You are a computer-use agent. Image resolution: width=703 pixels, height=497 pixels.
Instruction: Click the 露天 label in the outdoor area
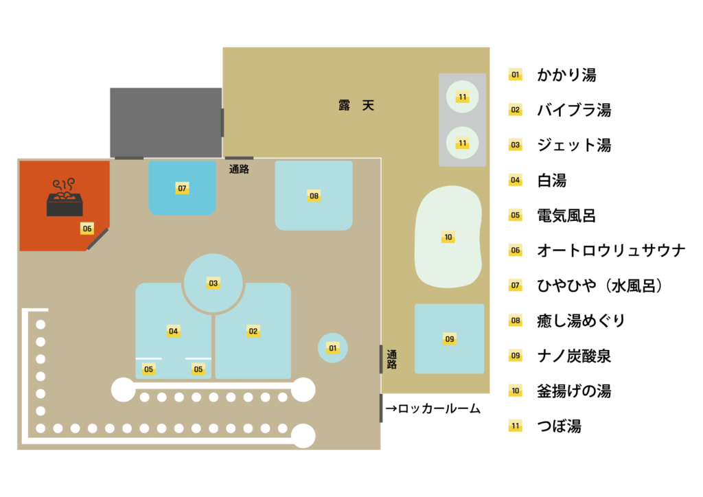click(356, 106)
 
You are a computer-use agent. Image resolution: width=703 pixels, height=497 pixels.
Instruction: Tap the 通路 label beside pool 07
click(239, 169)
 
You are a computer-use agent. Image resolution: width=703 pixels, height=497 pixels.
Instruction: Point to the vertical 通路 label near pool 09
click(391, 359)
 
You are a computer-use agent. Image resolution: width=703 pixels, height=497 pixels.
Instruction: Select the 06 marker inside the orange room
click(87, 229)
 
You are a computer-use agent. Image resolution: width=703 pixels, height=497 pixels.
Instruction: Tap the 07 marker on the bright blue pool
click(182, 188)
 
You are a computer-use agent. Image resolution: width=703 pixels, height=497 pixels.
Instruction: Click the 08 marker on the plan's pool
click(314, 196)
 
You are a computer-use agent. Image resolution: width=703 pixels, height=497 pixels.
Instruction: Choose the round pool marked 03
click(214, 283)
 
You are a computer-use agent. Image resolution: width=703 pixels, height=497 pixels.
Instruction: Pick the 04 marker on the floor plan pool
click(173, 331)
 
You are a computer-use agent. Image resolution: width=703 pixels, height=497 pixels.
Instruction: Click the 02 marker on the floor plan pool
click(253, 331)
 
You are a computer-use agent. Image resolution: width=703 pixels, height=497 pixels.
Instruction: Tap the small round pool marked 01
click(333, 348)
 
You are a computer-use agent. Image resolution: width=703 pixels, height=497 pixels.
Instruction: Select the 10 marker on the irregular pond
click(448, 238)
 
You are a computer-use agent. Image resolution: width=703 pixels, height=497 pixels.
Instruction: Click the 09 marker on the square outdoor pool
click(450, 338)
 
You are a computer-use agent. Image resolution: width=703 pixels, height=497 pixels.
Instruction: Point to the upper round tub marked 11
click(463, 97)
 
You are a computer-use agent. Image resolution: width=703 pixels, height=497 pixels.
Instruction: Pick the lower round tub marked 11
click(463, 143)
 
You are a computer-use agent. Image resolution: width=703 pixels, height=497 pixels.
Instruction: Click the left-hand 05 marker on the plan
click(148, 369)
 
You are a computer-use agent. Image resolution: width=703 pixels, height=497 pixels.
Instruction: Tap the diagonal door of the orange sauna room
click(97, 239)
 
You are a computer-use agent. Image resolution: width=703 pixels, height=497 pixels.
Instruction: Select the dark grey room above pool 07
click(165, 122)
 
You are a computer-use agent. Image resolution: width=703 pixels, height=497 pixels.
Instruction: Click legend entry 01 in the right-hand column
click(515, 74)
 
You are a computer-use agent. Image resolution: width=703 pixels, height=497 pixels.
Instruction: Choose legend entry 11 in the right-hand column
click(515, 426)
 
